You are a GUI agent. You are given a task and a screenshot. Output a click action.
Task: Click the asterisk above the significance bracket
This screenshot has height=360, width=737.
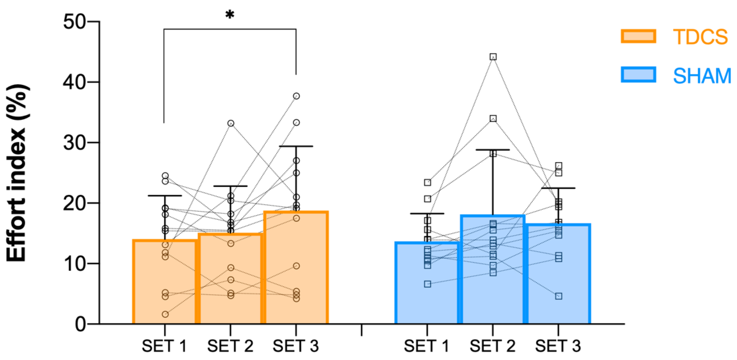230,14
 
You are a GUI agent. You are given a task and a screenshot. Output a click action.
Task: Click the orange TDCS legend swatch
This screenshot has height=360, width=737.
638,36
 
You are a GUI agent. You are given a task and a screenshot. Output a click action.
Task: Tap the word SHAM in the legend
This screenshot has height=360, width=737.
702,76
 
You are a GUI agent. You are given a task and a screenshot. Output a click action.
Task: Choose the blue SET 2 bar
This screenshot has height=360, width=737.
493,286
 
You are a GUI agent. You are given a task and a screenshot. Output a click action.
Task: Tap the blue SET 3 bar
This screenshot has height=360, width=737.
558,286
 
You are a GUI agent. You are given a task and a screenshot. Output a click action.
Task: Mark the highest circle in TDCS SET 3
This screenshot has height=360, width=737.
296,96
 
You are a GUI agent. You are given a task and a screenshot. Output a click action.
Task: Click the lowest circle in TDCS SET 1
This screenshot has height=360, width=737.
165,314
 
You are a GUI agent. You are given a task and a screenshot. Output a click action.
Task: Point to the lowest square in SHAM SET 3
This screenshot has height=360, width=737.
559,296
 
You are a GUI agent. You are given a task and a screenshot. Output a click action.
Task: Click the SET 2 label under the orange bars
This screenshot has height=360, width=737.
230,346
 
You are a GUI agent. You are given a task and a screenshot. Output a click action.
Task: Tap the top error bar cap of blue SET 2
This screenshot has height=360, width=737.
493,150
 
